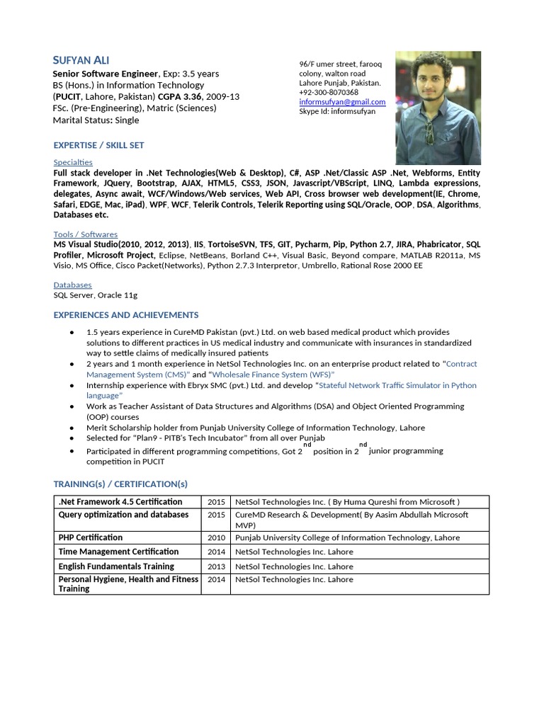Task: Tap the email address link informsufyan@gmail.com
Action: pos(342,102)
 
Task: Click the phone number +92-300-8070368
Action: pos(329,93)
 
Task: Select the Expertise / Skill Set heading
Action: pos(98,145)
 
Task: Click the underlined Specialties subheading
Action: pos(73,163)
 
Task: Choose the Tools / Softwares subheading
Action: pos(86,234)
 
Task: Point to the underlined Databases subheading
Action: pos(72,285)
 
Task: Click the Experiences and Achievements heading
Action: pos(126,315)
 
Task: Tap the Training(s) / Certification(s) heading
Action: pos(120,484)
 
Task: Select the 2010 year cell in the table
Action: pos(216,538)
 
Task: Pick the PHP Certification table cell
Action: pos(90,538)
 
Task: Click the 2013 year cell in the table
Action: pos(216,566)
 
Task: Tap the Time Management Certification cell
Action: pos(118,552)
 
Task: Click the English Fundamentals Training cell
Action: pos(116,566)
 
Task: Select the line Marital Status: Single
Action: pos(96,120)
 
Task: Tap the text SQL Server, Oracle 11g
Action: pos(96,295)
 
